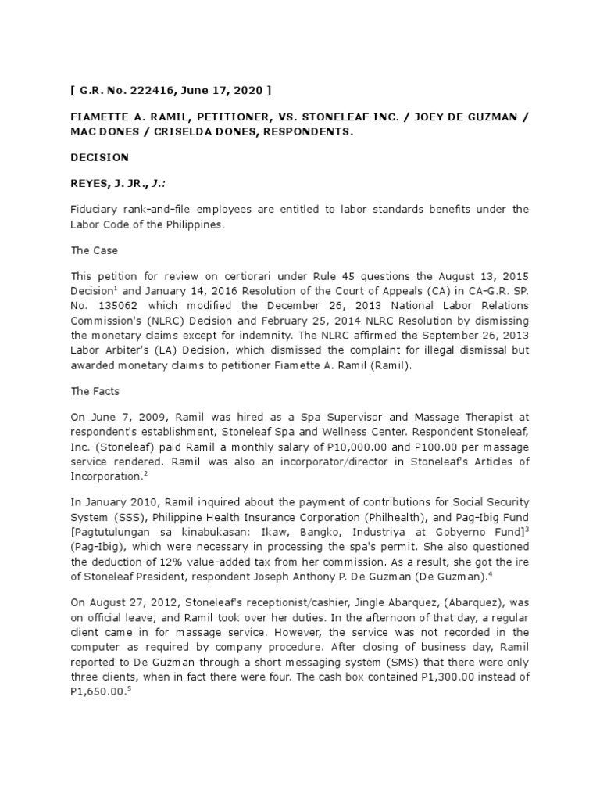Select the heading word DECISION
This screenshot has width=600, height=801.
[100, 157]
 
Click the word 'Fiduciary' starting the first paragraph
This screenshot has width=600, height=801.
[94, 209]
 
